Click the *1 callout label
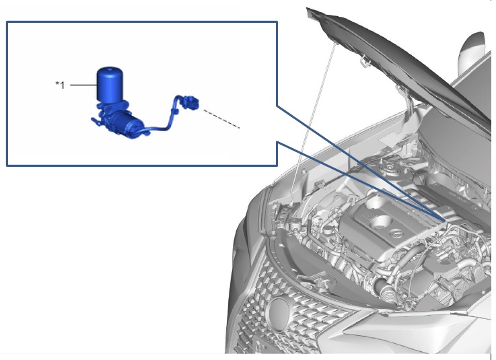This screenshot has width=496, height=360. (x=60, y=85)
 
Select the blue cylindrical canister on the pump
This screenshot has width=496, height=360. (x=110, y=84)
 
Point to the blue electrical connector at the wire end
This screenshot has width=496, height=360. (x=190, y=102)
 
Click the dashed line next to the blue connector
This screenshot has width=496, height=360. (x=221, y=119)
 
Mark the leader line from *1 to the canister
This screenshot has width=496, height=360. (x=83, y=85)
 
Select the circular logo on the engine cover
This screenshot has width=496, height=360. (x=396, y=234)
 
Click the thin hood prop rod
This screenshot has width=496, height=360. (x=312, y=120)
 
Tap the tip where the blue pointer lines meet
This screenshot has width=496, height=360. (x=444, y=219)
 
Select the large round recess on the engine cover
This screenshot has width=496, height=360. (x=380, y=222)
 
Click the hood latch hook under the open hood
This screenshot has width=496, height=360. (x=365, y=61)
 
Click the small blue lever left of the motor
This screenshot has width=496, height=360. (x=96, y=122)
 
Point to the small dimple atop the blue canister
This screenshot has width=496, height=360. (x=110, y=68)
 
